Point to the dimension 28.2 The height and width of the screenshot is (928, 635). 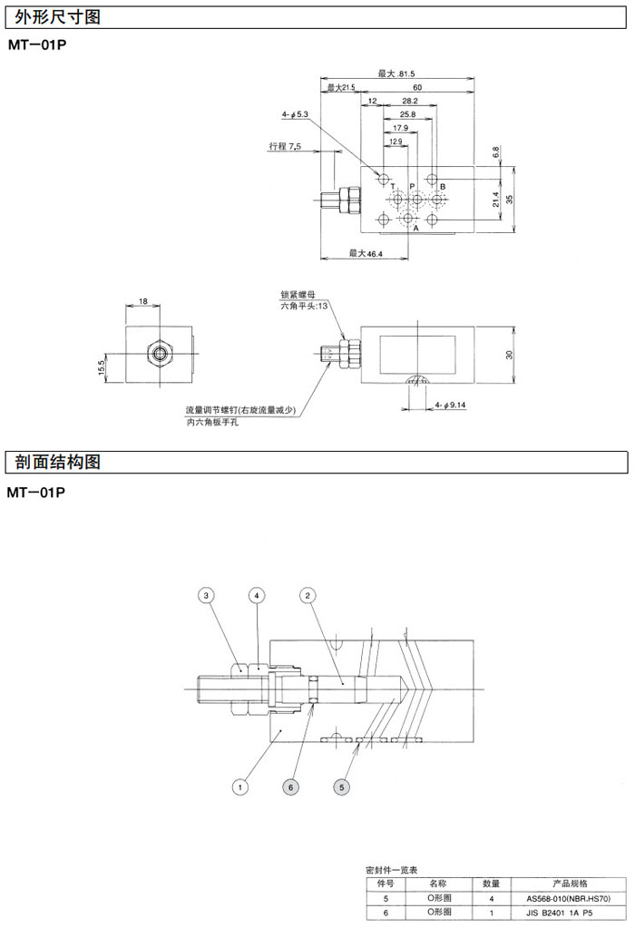tap(409, 102)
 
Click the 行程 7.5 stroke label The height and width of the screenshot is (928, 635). tap(285, 146)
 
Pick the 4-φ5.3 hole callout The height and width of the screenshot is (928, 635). tap(296, 114)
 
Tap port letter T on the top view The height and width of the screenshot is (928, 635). tap(393, 186)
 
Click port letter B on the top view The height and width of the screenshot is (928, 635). tap(443, 186)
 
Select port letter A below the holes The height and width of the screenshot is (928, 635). tap(416, 229)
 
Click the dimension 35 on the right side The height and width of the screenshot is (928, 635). tap(509, 199)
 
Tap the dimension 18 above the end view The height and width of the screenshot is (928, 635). tap(142, 300)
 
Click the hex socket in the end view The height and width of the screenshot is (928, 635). tap(161, 351)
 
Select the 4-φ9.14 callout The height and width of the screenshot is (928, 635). tap(450, 405)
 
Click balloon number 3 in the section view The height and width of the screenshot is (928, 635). tap(207, 595)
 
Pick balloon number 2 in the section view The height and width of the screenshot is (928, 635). tap(308, 595)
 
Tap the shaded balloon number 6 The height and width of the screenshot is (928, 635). tap(290, 787)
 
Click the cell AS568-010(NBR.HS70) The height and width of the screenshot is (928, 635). tap(570, 898)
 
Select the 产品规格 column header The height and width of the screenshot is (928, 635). tap(570, 883)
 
